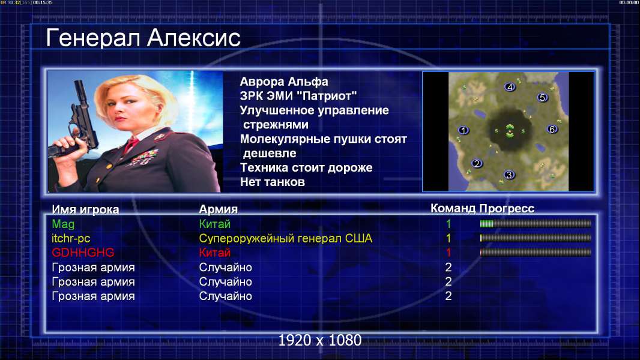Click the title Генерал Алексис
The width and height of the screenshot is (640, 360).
143,38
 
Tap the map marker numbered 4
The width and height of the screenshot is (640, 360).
509,87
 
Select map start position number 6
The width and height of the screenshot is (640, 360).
552,129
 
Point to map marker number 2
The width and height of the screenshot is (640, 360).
476,163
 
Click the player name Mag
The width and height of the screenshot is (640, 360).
63,224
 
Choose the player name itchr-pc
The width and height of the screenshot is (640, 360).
71,238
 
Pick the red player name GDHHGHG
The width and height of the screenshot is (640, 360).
83,253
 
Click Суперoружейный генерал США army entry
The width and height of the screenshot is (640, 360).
286,238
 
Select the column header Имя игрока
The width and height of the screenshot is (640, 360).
85,209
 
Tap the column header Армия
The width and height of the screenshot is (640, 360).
219,209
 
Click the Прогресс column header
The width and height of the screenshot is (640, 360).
507,208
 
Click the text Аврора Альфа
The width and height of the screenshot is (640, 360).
284,82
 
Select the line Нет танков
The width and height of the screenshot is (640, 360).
273,182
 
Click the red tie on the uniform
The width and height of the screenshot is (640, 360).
131,144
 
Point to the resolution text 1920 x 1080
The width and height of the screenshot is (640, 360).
320,340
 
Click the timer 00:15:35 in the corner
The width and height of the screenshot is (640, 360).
43,2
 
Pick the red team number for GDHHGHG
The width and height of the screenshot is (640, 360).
448,253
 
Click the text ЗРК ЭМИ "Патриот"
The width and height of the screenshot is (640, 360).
298,96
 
